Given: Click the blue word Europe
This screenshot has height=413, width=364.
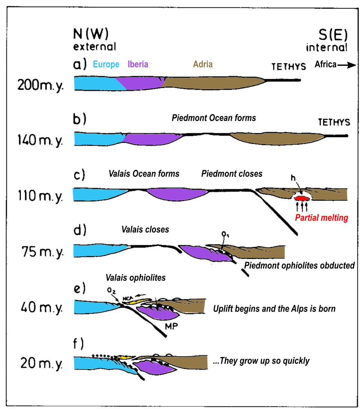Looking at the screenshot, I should [x=106, y=64].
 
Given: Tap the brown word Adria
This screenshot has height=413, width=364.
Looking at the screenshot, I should [x=203, y=64].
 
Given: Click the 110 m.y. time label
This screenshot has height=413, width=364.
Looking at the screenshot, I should [x=40, y=196].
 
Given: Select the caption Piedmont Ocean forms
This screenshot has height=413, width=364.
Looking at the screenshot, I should [x=214, y=118].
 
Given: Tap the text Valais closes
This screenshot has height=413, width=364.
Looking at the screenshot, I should [x=145, y=230].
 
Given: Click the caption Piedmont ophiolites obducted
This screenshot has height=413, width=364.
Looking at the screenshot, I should [x=299, y=266].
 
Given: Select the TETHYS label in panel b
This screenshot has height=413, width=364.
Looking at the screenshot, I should [x=334, y=123].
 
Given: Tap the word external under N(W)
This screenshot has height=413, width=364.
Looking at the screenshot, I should [x=94, y=47].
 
